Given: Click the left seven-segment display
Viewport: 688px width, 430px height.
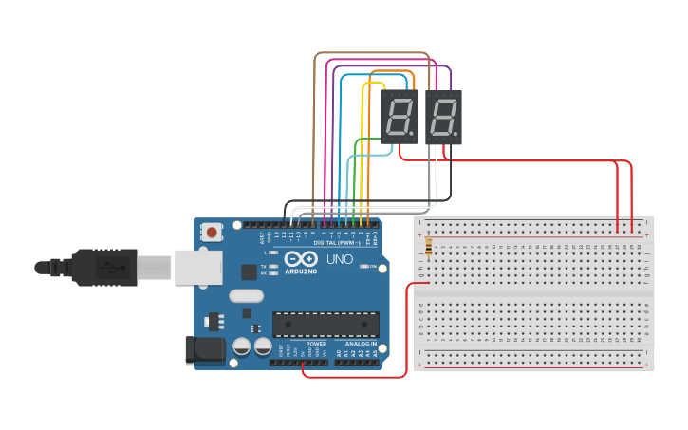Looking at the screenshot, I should coord(400,117).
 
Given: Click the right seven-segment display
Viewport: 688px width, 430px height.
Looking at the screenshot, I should coord(443,117).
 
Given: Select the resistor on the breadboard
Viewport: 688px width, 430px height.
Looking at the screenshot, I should coord(428,248).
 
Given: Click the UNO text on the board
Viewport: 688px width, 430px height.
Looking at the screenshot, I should coord(340,259).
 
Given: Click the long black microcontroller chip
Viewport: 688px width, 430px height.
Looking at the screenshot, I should coord(325,324).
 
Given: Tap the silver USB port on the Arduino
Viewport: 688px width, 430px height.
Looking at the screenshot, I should coord(197,268).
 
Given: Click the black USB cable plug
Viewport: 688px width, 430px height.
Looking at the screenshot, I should coord(104,268).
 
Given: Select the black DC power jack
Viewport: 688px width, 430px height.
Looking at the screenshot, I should coord(205,350).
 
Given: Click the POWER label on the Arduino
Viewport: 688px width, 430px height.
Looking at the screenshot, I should coord(316,344).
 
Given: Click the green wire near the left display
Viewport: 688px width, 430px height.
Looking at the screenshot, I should coord(368,140).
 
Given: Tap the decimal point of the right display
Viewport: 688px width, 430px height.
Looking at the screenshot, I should coord(456,134).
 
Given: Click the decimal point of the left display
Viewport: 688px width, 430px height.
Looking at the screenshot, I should coord(413,134).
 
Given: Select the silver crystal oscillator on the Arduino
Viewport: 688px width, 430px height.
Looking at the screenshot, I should coord(245,295).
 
